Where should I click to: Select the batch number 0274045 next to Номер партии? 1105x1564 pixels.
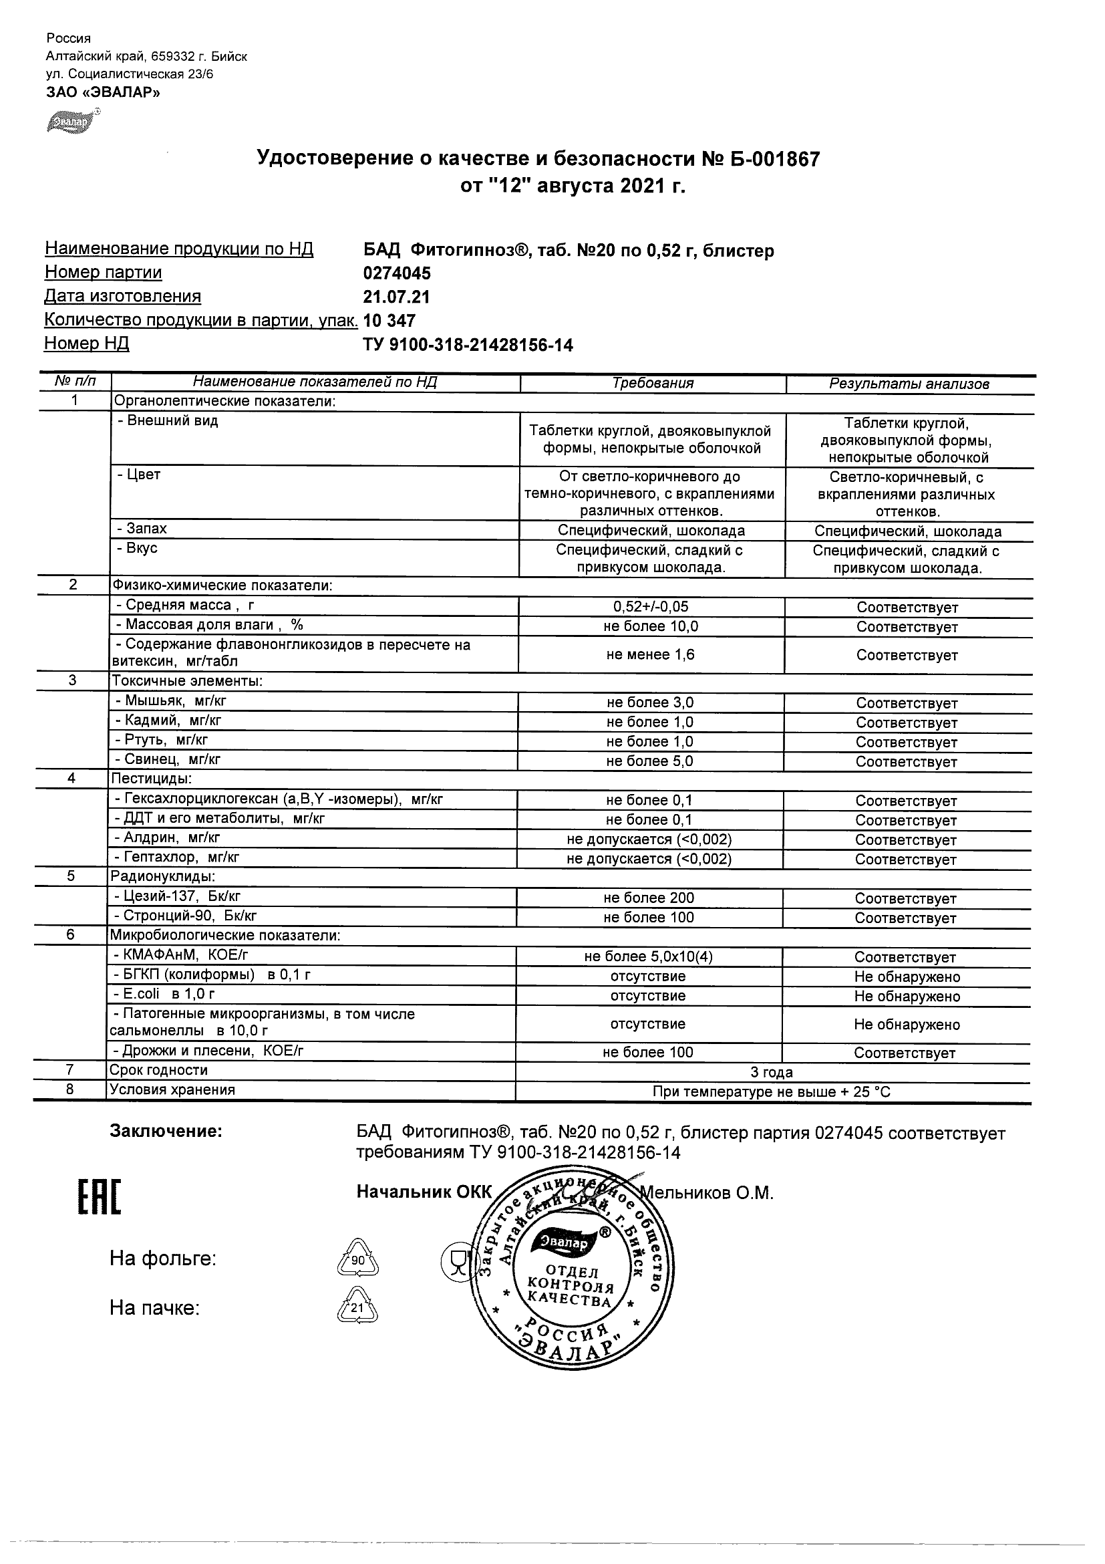click(x=397, y=273)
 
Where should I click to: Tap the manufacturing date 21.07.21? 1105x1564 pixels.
click(x=397, y=297)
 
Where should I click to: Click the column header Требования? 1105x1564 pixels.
click(x=652, y=383)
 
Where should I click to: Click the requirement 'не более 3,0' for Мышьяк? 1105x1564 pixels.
click(x=650, y=702)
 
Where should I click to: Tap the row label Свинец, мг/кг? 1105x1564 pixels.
click(x=168, y=759)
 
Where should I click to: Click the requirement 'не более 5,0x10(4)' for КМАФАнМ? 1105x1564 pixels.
click(x=648, y=956)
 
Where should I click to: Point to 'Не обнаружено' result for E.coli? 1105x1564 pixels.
click(x=907, y=996)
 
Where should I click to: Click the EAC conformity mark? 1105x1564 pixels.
click(x=99, y=1198)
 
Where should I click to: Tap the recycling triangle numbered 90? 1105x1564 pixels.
click(x=357, y=1259)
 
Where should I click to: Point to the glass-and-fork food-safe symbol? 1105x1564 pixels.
click(x=456, y=1260)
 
